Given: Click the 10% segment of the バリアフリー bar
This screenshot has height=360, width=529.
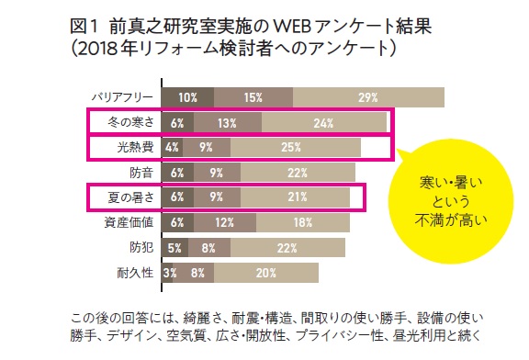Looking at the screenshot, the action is [x=188, y=97].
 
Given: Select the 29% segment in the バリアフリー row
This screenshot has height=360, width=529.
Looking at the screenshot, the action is [x=368, y=97].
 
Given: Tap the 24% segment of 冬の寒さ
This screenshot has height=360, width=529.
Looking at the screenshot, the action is [x=324, y=122].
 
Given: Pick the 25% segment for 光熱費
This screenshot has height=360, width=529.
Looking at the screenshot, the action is [x=296, y=147].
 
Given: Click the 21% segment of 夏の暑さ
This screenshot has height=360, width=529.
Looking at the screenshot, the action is [x=295, y=197].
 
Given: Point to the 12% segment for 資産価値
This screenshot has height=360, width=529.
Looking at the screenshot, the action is [x=225, y=222].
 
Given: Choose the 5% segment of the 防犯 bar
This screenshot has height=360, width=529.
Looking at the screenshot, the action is [x=175, y=248].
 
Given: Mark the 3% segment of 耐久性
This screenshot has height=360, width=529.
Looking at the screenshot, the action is [x=167, y=273].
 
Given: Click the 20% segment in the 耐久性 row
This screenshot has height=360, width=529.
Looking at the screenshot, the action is [x=266, y=273].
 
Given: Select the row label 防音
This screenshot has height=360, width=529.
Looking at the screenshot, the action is [x=141, y=173].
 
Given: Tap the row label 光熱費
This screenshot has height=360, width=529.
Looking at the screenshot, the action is [x=135, y=147].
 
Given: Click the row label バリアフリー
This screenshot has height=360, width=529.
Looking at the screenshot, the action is [x=122, y=97].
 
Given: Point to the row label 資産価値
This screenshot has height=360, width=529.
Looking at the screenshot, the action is [x=129, y=222].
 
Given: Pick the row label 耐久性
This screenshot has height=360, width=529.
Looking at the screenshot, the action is [x=135, y=273].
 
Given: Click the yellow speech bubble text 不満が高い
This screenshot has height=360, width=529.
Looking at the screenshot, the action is [x=451, y=220].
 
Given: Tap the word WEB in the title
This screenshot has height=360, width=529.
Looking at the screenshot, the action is [x=291, y=27].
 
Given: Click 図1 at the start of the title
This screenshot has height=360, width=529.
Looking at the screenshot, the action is [x=84, y=27].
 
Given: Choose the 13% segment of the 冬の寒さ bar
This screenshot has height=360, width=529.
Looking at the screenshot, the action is [x=228, y=122].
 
